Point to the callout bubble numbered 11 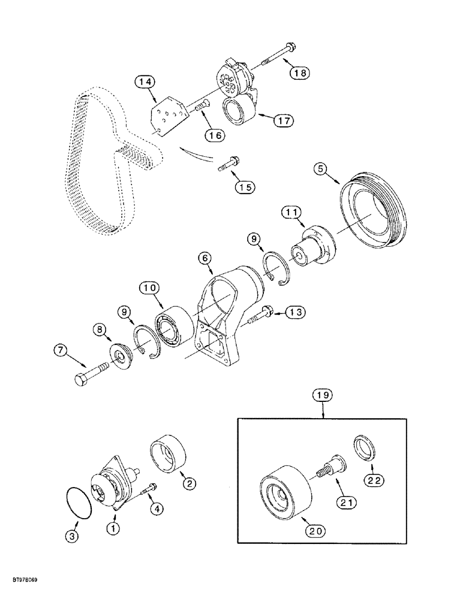click(x=293, y=212)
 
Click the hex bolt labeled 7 click(x=90, y=374)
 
